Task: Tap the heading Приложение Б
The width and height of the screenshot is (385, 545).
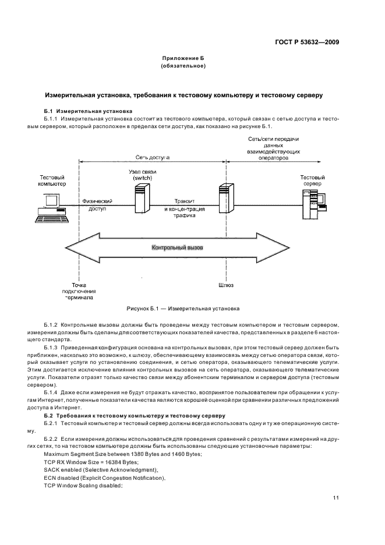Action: tap(183, 59)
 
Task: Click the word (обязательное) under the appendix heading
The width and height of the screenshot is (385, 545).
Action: tap(183, 66)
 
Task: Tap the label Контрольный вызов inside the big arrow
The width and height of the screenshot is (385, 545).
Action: tap(178, 247)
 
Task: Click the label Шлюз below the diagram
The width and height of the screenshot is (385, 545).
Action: tap(224, 285)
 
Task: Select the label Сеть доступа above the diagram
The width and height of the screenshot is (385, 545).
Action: tap(153, 157)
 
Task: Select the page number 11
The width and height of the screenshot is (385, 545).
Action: tap(336, 498)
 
